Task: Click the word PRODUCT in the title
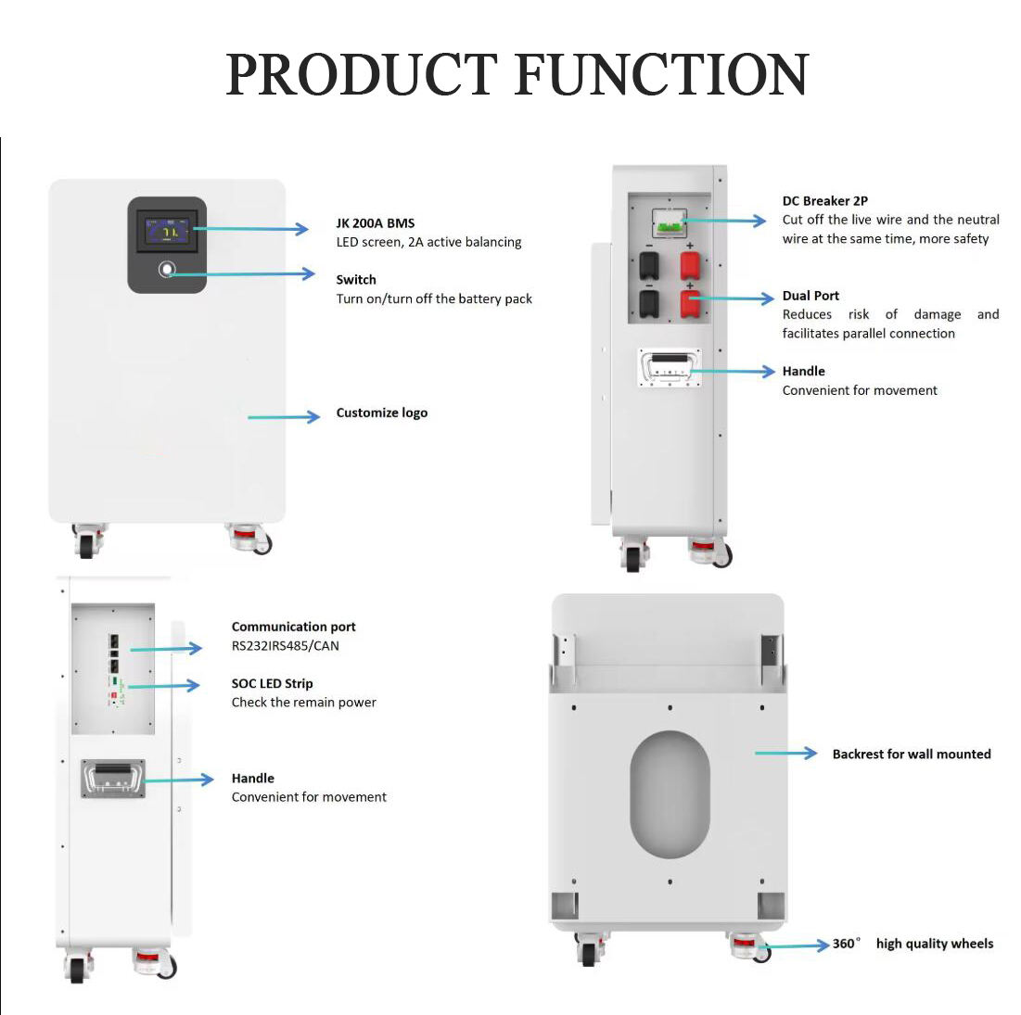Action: point(362,75)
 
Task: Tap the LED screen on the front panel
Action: point(167,231)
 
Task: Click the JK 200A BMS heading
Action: point(375,223)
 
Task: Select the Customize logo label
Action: point(381,412)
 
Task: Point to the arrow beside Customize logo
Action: point(284,417)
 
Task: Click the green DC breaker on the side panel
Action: point(670,226)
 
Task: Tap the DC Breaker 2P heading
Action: point(825,201)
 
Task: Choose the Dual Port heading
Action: point(810,296)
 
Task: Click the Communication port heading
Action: point(294,627)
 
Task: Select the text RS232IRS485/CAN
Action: point(286,646)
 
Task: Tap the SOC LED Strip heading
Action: point(273,683)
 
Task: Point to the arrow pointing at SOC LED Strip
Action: point(163,686)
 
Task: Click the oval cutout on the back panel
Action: point(670,794)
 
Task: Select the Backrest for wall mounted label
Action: point(912,754)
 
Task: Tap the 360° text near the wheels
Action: point(846,944)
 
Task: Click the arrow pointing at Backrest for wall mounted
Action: point(786,754)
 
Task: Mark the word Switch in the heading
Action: point(356,280)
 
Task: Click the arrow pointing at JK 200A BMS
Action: point(250,229)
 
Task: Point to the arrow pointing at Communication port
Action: point(166,649)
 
